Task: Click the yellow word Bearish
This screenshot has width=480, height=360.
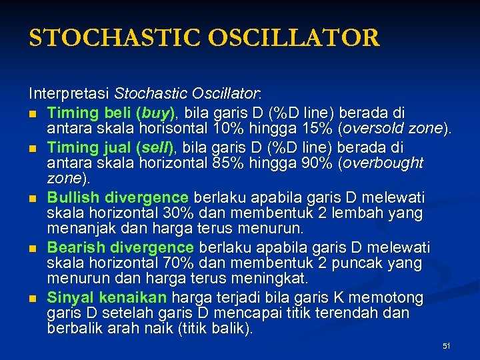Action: click(73, 248)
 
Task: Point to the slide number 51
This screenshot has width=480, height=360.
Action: click(447, 346)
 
